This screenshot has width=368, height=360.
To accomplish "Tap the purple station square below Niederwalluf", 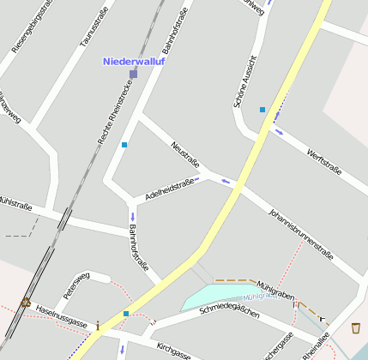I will tap(133, 75).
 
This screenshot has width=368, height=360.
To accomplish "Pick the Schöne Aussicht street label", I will tap(245, 81).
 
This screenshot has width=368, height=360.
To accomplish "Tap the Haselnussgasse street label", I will tap(61, 316).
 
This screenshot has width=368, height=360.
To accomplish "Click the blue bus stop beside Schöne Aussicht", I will tap(262, 110).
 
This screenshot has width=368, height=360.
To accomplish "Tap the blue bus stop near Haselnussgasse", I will tap(126, 314).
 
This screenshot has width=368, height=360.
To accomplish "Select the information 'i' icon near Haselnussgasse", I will tap(98, 326).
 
